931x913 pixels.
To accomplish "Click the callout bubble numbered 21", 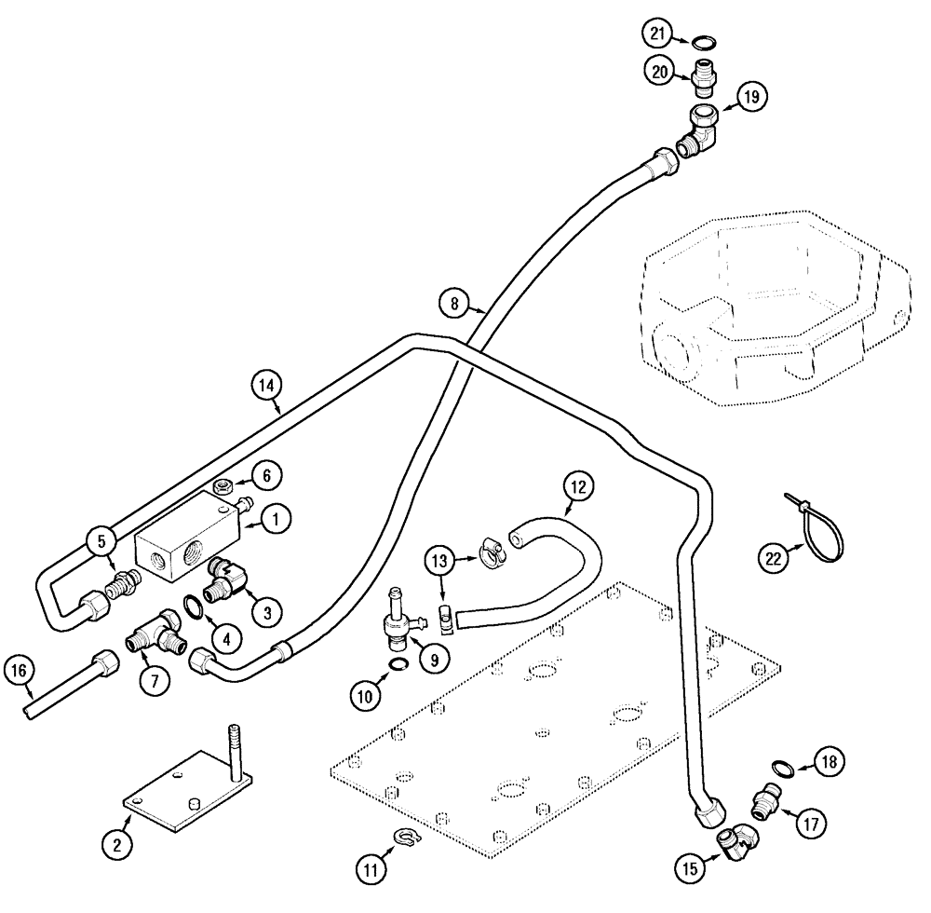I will [x=659, y=34].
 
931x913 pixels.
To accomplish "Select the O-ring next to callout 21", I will [x=705, y=41].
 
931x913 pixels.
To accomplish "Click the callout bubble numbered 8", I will [x=452, y=302].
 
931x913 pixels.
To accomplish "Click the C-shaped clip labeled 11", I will [x=404, y=838].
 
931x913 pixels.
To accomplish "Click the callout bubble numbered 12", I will [x=577, y=486].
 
